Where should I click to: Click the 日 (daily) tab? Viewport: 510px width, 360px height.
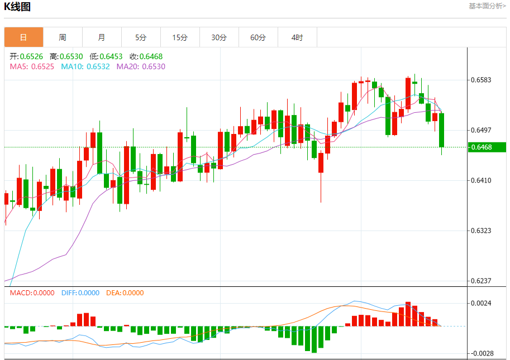[x=23, y=37]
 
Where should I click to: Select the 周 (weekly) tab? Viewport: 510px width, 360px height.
[x=63, y=37]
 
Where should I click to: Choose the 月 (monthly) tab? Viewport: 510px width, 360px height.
[x=102, y=37]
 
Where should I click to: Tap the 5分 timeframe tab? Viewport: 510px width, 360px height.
[x=141, y=37]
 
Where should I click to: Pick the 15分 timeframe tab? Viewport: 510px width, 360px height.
[x=180, y=37]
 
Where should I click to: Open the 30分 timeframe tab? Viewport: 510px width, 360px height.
[x=219, y=37]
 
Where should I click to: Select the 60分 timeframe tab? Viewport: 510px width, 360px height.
[x=258, y=37]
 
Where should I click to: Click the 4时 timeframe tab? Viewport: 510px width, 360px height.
[x=297, y=37]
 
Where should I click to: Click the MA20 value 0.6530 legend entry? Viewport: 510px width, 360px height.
[x=141, y=66]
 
